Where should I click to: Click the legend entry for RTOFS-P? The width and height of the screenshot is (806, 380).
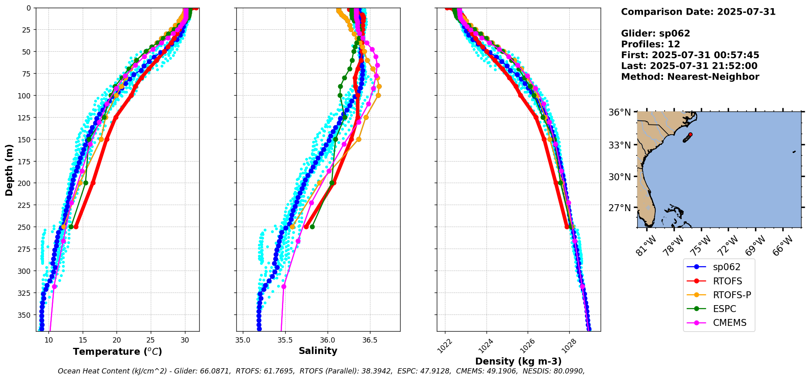(x=732, y=295)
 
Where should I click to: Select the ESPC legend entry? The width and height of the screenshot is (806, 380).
(x=725, y=309)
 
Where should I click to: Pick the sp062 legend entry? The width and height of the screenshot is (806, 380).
(x=727, y=267)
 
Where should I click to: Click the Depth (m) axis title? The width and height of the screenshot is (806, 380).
(x=9, y=170)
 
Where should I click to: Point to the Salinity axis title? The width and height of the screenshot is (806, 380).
(x=318, y=351)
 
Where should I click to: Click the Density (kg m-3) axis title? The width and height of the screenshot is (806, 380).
(x=518, y=361)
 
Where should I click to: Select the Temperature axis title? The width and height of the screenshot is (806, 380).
(x=117, y=352)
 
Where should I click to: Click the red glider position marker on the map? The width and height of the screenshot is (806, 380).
(x=690, y=134)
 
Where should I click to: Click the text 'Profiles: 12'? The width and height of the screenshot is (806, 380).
(x=650, y=44)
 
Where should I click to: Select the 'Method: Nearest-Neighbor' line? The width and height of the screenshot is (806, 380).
(x=690, y=77)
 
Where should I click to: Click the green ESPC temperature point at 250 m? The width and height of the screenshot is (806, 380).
(x=71, y=227)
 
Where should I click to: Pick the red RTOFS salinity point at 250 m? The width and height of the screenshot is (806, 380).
(x=306, y=227)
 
